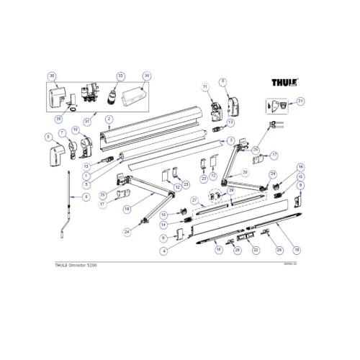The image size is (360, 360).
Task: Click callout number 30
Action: [52, 76]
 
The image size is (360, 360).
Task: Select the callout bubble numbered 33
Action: [120, 76]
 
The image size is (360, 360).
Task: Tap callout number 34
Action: [146, 76]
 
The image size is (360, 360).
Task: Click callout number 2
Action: [108, 119]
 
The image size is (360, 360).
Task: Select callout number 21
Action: [301, 101]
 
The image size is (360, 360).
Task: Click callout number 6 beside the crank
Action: [86, 197]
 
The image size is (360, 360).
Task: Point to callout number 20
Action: [246, 172]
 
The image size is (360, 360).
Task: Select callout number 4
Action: [164, 251]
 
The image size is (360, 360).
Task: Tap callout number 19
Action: [127, 209]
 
